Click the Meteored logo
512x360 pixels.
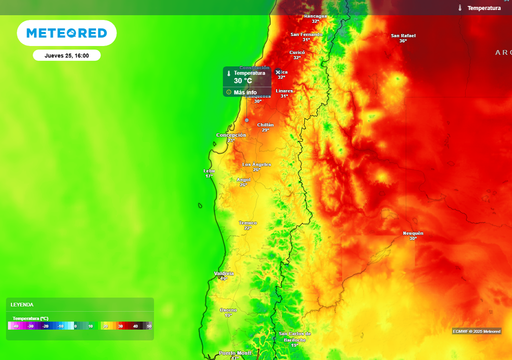click(66, 33)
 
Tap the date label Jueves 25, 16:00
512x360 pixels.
click(66, 55)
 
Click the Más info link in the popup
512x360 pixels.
click(244, 92)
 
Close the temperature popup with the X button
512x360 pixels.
click(278, 72)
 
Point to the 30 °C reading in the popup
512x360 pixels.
click(243, 81)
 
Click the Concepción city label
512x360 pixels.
click(231, 135)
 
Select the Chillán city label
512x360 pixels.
click(265, 125)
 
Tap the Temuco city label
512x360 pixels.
click(248, 222)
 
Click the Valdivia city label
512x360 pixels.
click(223, 273)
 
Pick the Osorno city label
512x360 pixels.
click(228, 310)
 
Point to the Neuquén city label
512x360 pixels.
click(413, 233)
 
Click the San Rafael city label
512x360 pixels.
click(403, 35)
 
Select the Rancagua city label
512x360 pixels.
click(315, 16)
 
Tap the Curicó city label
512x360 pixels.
click(297, 52)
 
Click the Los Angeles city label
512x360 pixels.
click(256, 164)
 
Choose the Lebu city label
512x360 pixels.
click(209, 171)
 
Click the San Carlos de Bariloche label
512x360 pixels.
click(295, 336)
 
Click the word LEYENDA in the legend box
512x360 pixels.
click(22, 304)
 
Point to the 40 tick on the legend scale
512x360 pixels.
click(135, 326)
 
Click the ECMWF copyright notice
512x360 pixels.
click(476, 331)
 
